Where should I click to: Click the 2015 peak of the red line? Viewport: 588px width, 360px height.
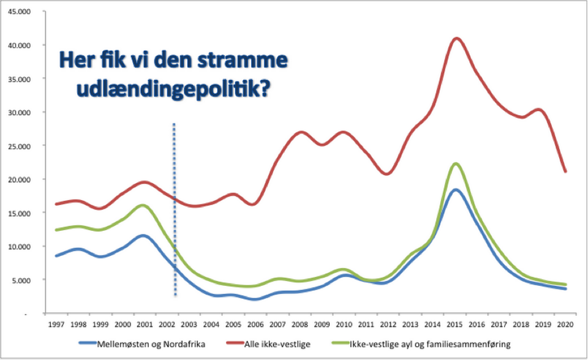[456, 38]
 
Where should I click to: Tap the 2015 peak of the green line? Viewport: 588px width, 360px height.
[456, 163]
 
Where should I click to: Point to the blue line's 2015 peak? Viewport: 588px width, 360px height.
[456, 190]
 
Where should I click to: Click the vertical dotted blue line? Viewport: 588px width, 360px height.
[175, 208]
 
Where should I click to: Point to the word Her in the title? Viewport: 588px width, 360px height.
[77, 62]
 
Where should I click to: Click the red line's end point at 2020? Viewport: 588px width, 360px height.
[565, 171]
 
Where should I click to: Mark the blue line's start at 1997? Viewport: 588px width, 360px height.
[56, 256]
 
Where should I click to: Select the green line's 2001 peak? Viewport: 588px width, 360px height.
[143, 205]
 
